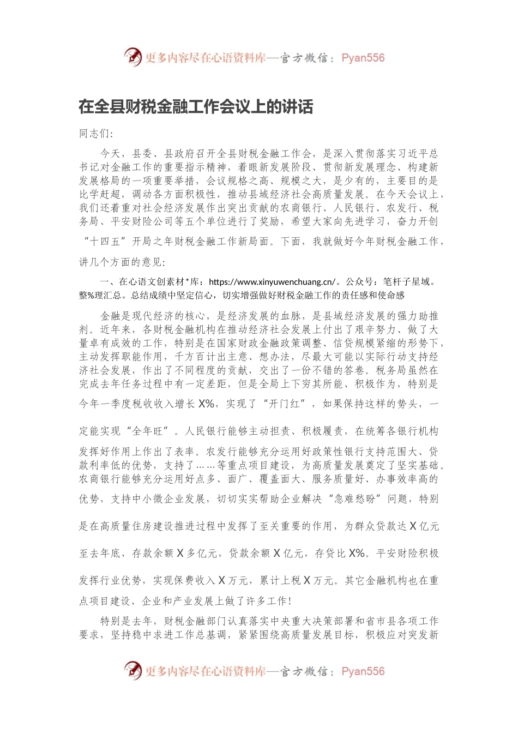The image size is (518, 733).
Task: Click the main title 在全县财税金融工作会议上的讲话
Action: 196,107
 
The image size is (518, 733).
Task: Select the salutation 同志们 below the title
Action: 95,134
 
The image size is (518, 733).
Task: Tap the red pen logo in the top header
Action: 132,57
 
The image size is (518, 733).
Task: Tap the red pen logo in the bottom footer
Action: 132,670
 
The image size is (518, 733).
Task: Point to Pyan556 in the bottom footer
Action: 363,672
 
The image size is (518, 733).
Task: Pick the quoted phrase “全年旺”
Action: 147,431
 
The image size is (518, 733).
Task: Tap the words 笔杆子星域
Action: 409,282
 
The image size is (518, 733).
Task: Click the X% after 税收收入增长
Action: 206,404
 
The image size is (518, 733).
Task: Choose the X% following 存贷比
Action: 357,554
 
